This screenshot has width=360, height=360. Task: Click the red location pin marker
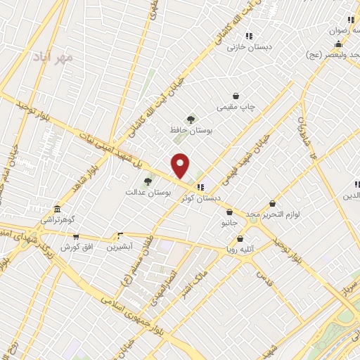[181, 165]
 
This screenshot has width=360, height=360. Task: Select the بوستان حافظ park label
[191, 130]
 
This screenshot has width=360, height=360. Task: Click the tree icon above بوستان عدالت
[148, 181]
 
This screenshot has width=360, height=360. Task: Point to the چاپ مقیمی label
[236, 107]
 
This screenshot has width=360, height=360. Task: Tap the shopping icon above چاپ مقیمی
[236, 96]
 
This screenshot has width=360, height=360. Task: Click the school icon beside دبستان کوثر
[200, 187]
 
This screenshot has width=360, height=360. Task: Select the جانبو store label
[230, 223]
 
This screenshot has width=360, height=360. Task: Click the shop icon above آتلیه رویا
[242, 237]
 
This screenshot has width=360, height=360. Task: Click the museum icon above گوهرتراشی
[57, 208]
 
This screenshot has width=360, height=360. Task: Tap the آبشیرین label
[120, 247]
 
